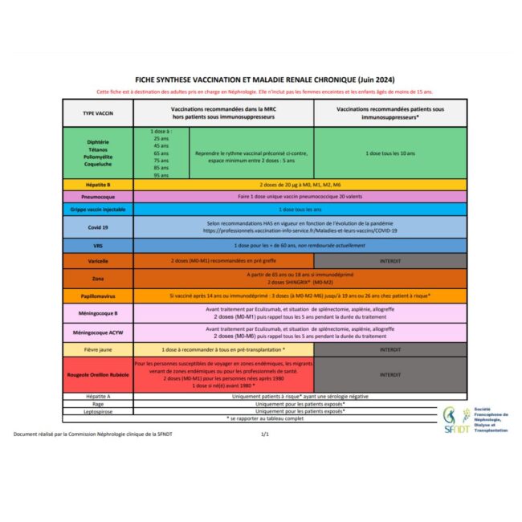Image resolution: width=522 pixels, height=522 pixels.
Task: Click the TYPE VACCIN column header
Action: point(98,113)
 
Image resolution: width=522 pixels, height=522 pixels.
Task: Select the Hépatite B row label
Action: point(98,184)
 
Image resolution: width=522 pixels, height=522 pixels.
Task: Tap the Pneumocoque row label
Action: point(98,196)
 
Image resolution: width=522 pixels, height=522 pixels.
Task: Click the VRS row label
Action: point(98,245)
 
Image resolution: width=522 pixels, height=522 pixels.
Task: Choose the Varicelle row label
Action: point(98,261)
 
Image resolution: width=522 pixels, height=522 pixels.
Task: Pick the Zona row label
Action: point(98,279)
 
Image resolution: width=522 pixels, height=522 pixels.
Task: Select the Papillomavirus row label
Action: point(98,296)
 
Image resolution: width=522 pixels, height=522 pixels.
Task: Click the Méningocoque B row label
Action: point(98,312)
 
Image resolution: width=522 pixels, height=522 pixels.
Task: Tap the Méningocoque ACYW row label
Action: point(98,332)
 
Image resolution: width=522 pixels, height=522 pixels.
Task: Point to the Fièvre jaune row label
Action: point(98,350)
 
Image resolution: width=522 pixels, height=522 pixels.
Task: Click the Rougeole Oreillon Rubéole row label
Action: point(98,374)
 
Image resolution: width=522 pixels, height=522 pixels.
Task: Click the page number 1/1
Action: point(265,434)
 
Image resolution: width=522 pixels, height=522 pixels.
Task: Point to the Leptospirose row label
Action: point(98,410)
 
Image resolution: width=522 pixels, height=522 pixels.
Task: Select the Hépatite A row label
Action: point(98,396)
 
